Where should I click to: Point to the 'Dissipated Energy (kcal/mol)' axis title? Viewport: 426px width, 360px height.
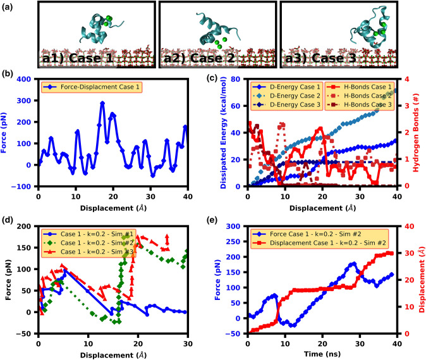(x=222, y=133)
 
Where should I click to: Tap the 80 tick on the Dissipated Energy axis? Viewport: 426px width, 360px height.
(x=238, y=80)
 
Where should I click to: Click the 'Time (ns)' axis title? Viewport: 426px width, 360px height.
(x=322, y=354)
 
